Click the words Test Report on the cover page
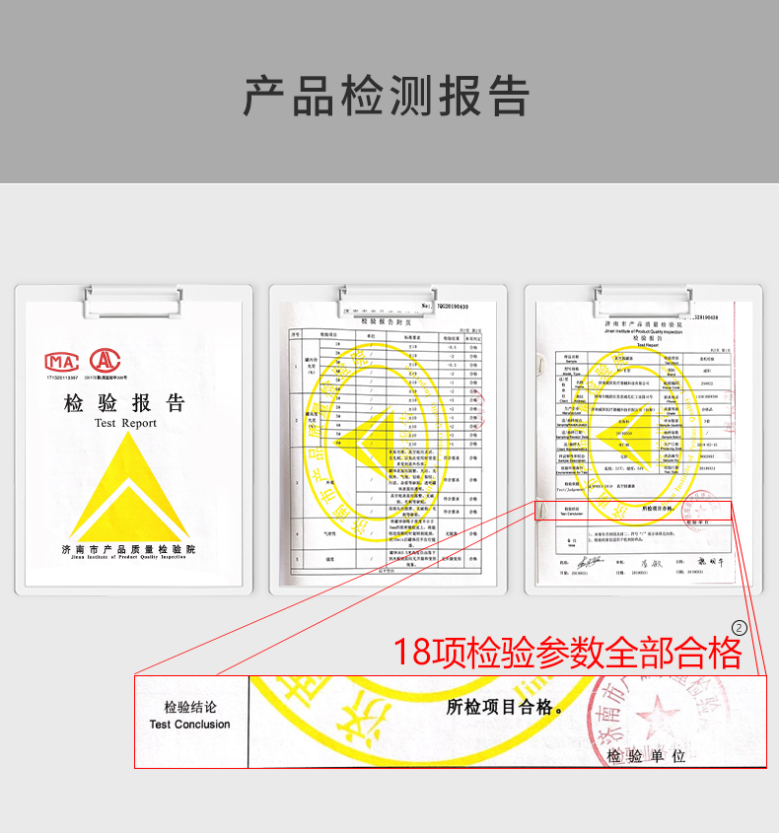click(x=125, y=423)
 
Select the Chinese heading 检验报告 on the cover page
click(x=125, y=403)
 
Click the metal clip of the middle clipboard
click(x=388, y=298)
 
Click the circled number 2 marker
click(x=740, y=627)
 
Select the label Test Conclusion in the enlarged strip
click(x=190, y=725)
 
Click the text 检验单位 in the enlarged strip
click(x=647, y=757)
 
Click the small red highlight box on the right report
click(x=636, y=510)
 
